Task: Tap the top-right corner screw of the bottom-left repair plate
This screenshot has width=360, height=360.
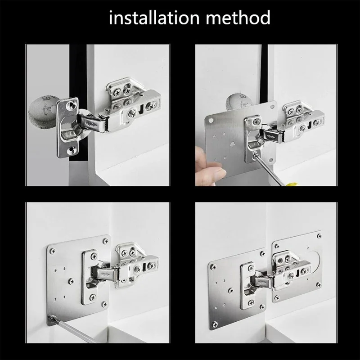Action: [105, 241]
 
